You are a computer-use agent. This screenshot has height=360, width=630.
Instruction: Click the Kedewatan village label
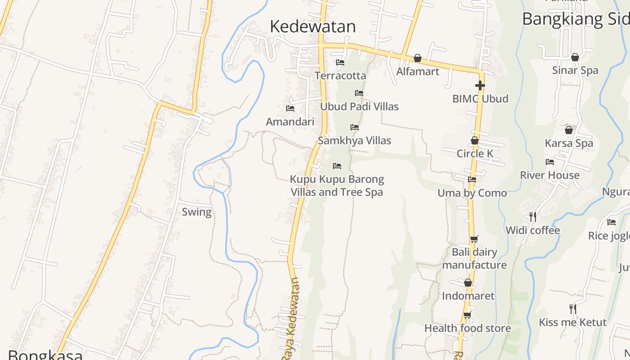[313, 27]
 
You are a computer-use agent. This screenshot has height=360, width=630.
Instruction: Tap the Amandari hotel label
[290, 121]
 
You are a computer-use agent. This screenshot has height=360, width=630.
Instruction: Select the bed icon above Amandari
[290, 108]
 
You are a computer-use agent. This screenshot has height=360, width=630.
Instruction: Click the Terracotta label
[340, 76]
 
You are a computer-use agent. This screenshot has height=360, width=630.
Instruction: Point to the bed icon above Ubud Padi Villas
[359, 93]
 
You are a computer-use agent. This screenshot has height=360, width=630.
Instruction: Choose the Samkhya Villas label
[355, 140]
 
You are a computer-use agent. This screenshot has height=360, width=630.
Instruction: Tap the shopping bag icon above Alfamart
[418, 58]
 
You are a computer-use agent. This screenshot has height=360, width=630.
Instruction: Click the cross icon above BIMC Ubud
[480, 85]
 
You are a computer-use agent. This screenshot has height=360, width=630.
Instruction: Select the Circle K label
[475, 153]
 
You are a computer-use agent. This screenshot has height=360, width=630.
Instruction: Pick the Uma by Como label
[472, 193]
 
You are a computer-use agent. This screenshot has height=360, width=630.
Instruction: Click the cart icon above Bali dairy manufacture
[474, 239]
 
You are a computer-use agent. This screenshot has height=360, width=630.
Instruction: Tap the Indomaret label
[468, 296]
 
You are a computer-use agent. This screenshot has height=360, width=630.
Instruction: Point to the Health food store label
[468, 328]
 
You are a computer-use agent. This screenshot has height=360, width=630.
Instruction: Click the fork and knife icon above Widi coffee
[533, 217]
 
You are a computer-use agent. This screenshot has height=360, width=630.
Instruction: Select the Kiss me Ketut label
[572, 322]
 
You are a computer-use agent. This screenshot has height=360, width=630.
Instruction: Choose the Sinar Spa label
[575, 70]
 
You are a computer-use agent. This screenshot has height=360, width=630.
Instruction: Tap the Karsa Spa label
[569, 143]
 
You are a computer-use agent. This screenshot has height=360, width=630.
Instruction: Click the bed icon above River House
[550, 162]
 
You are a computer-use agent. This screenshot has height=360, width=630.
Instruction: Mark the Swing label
[197, 212]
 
